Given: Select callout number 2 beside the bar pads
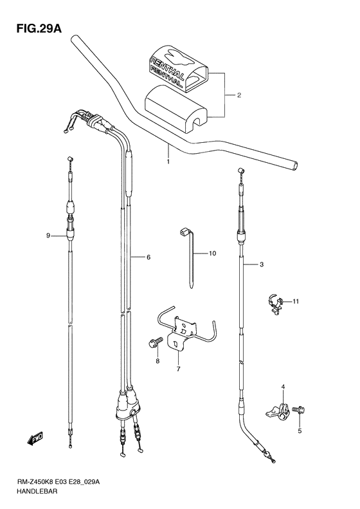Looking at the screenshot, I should [239, 96].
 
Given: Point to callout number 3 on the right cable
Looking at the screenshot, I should [262, 265].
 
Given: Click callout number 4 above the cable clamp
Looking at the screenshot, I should [282, 386].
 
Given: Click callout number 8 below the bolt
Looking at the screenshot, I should [156, 362].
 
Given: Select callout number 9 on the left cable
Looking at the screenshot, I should [48, 236].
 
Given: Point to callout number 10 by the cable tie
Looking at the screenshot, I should [212, 254].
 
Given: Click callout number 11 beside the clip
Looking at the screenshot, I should [296, 301].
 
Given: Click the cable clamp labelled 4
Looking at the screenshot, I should [274, 411].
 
